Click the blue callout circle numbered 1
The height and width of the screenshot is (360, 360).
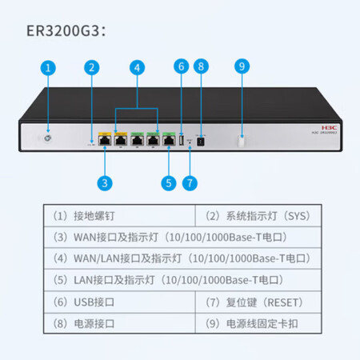(48, 68)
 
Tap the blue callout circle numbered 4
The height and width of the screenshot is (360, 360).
(137, 68)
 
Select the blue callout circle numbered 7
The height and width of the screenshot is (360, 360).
(190, 183)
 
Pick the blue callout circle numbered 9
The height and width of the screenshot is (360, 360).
(242, 66)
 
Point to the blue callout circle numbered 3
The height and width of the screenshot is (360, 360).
(105, 183)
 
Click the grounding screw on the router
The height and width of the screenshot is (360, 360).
(48, 138)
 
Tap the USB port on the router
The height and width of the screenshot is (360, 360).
(182, 140)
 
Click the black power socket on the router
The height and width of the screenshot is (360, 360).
(200, 141)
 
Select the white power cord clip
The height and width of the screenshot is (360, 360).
(241, 141)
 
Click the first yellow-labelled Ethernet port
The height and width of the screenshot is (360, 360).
(105, 140)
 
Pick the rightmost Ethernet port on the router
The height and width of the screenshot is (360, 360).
(169, 140)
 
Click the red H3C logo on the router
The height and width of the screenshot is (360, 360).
(329, 128)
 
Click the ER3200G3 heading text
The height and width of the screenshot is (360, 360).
(66, 30)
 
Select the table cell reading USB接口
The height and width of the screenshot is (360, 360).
(119, 302)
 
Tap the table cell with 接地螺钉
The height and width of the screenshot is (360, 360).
(119, 216)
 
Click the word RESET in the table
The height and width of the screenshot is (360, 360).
(283, 302)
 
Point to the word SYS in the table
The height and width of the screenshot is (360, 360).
(296, 216)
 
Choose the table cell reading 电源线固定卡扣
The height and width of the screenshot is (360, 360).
(258, 323)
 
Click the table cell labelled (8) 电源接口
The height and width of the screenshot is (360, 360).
(119, 323)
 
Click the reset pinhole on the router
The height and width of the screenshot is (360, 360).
(190, 142)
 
